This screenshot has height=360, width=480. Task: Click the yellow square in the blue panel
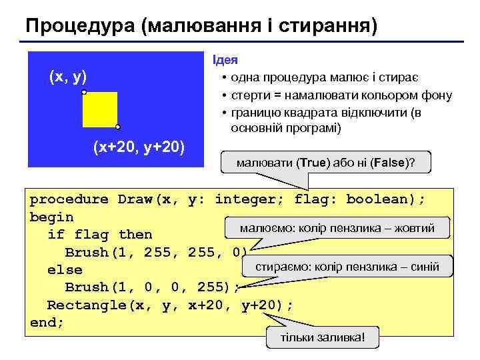[100, 109]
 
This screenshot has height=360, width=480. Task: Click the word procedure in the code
[69, 199]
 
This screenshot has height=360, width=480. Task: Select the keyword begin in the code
[52, 217]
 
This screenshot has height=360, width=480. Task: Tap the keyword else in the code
[65, 269]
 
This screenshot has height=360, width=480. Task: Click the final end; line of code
[47, 322]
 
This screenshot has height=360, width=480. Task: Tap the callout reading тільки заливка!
[323, 337]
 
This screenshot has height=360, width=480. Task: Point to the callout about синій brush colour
[347, 267]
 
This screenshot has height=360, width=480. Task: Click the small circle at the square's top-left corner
[84, 92]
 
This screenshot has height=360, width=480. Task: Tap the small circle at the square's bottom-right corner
[117, 126]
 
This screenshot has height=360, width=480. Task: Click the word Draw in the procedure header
[135, 199]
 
